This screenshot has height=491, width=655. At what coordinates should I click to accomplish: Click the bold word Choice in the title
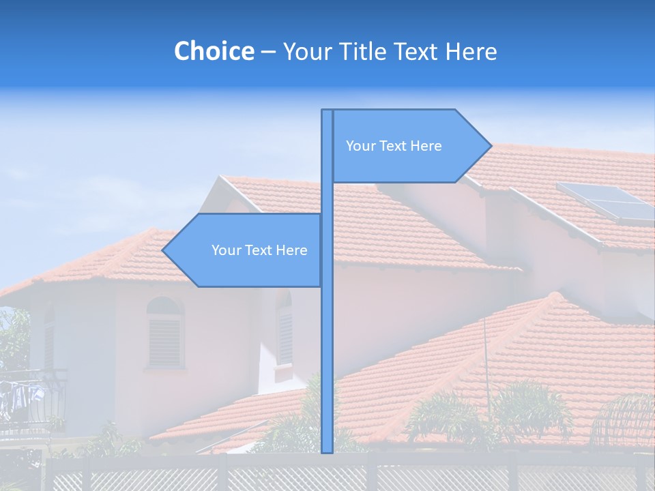[x=214, y=51]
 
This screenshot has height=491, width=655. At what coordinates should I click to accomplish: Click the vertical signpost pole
[x=327, y=341]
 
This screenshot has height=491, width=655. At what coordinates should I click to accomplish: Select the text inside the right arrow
[x=394, y=146]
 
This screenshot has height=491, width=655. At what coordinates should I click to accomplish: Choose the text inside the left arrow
[x=259, y=250]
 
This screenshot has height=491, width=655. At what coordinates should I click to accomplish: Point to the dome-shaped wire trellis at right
[x=624, y=419]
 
